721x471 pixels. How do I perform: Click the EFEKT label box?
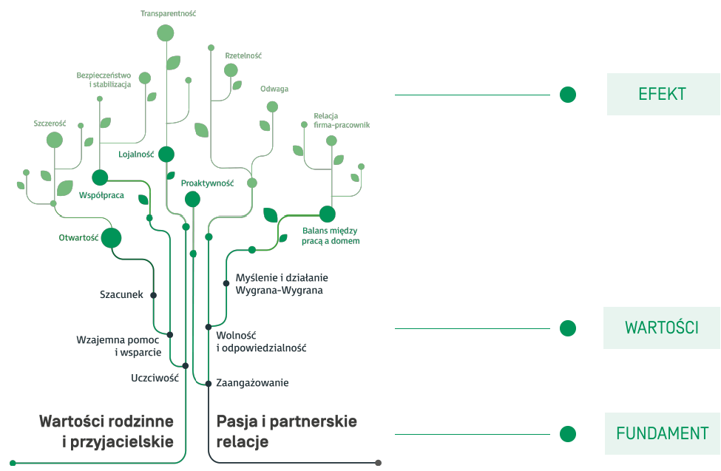tap(663, 95)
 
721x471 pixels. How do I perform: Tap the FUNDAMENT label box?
tap(662, 433)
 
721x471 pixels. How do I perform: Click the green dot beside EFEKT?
tap(568, 95)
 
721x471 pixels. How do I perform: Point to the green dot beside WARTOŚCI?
tap(568, 328)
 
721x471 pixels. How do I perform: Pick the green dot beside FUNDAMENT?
tap(568, 433)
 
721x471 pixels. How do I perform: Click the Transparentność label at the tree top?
tap(168, 13)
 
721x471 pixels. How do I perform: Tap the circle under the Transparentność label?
tap(166, 33)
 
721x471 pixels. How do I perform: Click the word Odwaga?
tap(274, 89)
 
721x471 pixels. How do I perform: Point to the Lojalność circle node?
tap(166, 154)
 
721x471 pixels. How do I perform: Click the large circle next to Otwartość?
tap(111, 238)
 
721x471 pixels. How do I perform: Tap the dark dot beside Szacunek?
tap(154, 295)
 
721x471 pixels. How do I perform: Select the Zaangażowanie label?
tap(252, 383)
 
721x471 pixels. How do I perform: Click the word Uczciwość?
tap(155, 377)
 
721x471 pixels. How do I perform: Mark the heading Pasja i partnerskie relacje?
tap(286, 432)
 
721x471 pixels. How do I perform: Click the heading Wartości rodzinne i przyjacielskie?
tap(106, 432)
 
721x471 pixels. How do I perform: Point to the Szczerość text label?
tap(50, 123)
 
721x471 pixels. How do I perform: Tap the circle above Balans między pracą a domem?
tap(328, 214)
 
